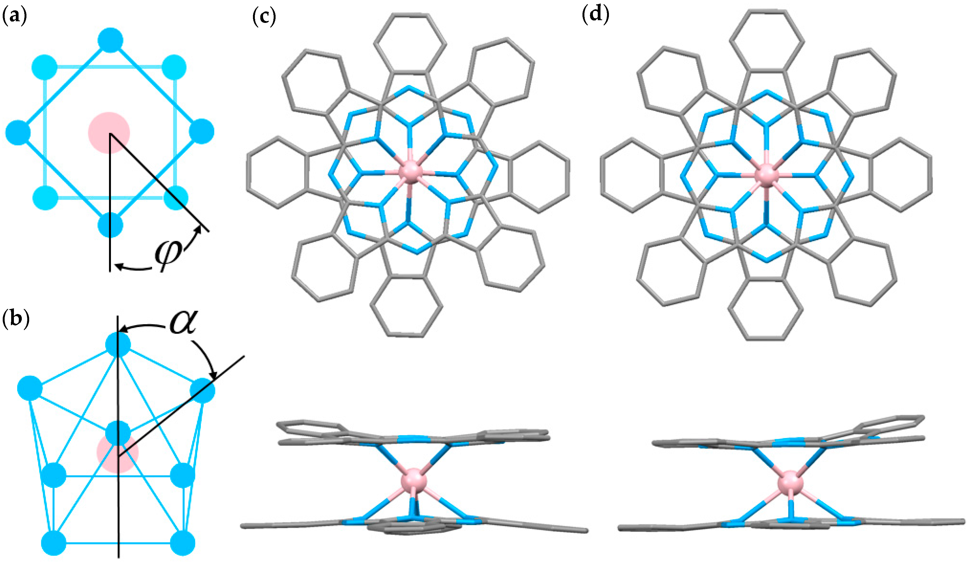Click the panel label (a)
[15, 17]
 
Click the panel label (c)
[264, 17]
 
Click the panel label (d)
[596, 15]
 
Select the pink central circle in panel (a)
[109, 133]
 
